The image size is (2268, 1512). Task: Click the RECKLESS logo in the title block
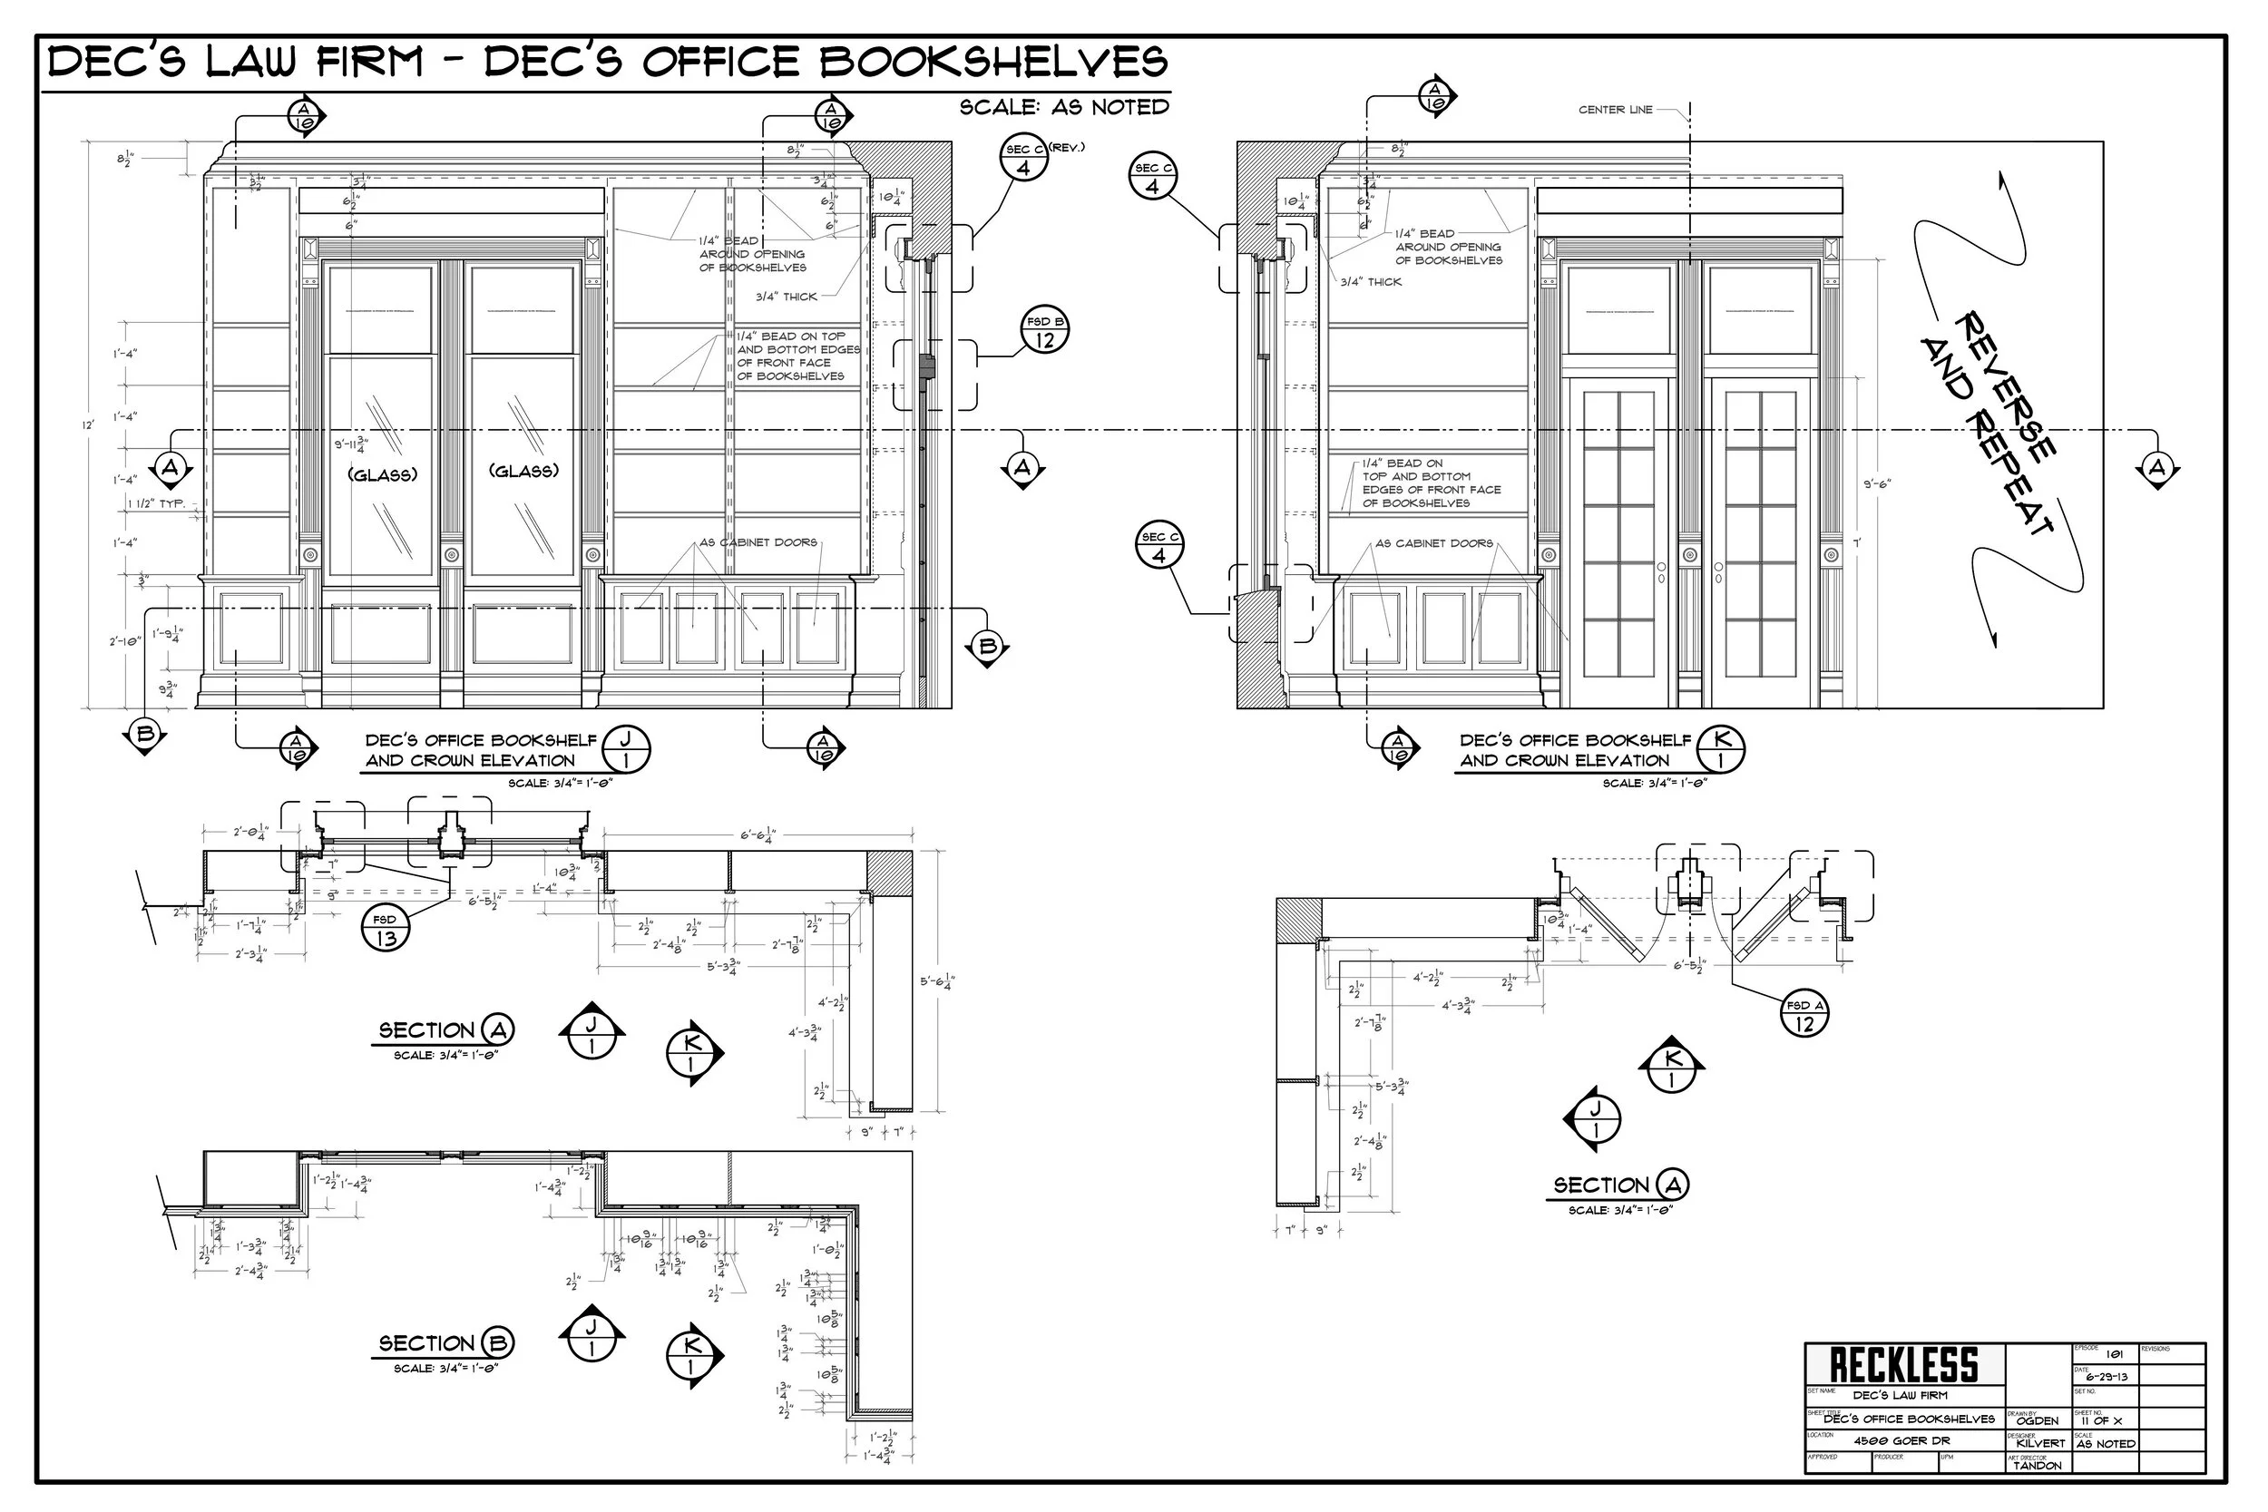click(1903, 1365)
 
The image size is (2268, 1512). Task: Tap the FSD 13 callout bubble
click(385, 930)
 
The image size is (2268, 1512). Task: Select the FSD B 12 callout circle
click(1045, 331)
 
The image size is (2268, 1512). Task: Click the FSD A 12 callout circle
click(1804, 1014)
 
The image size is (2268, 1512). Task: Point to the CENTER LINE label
click(1615, 110)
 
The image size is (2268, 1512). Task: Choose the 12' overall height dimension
click(88, 424)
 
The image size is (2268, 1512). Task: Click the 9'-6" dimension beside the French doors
click(1876, 484)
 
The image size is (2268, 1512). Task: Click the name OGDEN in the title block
click(2037, 1420)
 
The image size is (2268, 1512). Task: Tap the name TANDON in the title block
click(2038, 1466)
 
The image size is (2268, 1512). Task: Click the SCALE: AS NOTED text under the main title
click(1063, 107)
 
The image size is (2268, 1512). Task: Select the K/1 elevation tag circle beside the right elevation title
click(1721, 750)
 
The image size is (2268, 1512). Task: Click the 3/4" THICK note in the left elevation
click(786, 297)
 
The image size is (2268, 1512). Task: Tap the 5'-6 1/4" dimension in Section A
click(937, 982)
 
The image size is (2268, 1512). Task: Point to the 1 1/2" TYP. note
click(156, 503)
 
